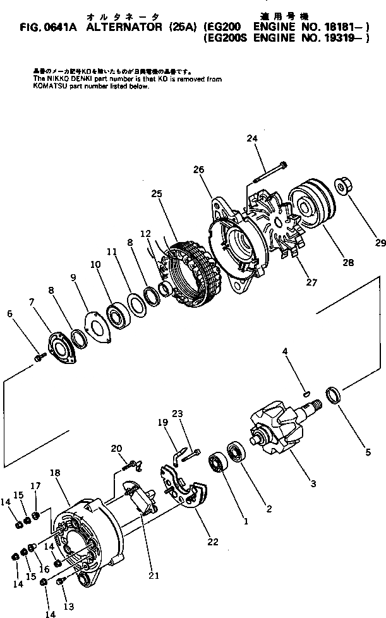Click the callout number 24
[252, 138]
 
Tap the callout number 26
[199, 169]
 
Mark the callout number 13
[68, 607]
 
